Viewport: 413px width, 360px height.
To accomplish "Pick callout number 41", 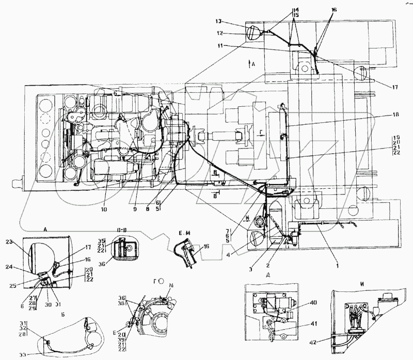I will pos(313,324).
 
